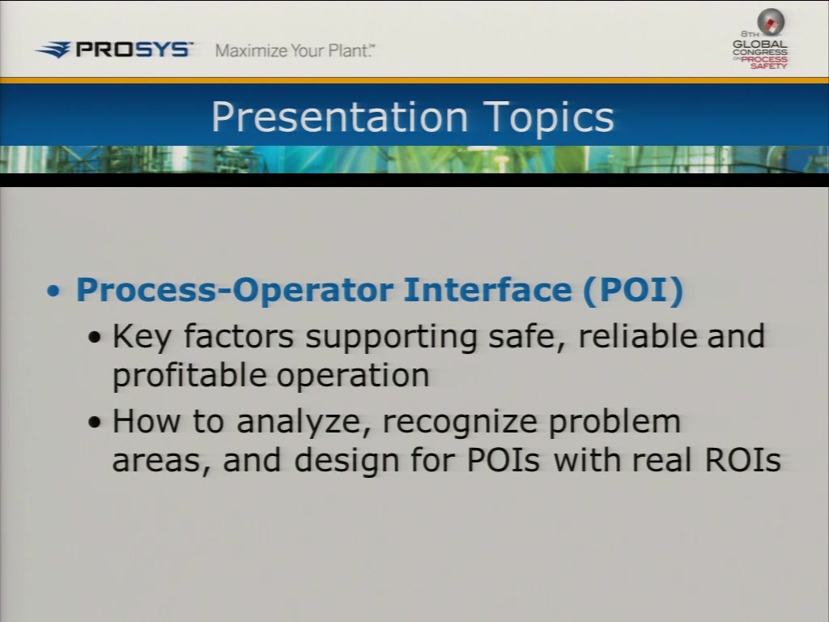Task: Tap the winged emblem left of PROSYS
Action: tap(53, 49)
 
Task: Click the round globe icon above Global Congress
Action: tap(771, 22)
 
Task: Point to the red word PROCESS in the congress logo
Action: tap(764, 59)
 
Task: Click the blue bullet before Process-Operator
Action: tap(53, 291)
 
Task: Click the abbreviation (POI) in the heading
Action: tap(633, 290)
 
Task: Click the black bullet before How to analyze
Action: tap(95, 422)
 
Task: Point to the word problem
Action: tap(614, 422)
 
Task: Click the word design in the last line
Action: tap(346, 460)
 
